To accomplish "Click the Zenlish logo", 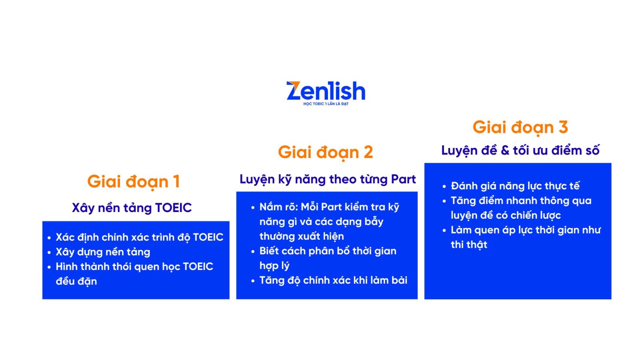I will coord(326,91).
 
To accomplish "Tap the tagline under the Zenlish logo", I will coord(326,104).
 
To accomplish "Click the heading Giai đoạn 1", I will coord(134,182).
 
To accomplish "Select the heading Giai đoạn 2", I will coord(325,152).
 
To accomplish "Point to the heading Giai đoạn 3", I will coord(520,128).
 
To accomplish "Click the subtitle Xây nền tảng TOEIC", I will coord(132,208).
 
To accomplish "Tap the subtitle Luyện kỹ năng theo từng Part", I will coord(328,179).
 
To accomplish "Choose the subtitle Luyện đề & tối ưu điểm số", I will coord(520,151).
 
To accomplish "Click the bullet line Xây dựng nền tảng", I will coord(103,252).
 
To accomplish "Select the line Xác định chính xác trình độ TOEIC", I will coord(139,237).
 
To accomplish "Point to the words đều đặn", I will coord(76,281).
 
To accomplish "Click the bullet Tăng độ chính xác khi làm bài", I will coord(333,280).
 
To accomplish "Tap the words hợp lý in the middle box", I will coord(274,266).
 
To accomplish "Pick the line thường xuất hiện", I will coord(302,236).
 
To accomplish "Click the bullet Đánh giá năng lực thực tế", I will coord(515,186).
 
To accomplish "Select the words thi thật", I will coord(469,245).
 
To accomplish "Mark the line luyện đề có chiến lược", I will coord(506,215).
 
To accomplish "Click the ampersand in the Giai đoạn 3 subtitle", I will coord(505,151).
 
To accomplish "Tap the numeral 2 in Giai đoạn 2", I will coord(368,152).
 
